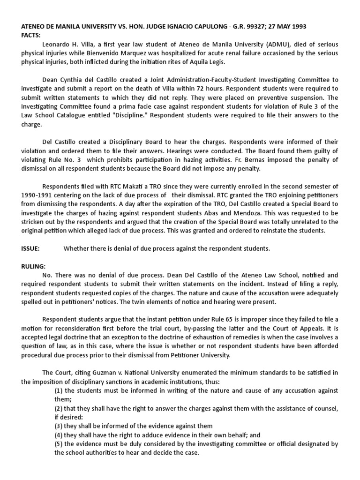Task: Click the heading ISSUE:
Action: point(30,248)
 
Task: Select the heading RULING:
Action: point(33,266)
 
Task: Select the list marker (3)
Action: point(60,426)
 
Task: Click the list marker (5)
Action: point(60,443)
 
